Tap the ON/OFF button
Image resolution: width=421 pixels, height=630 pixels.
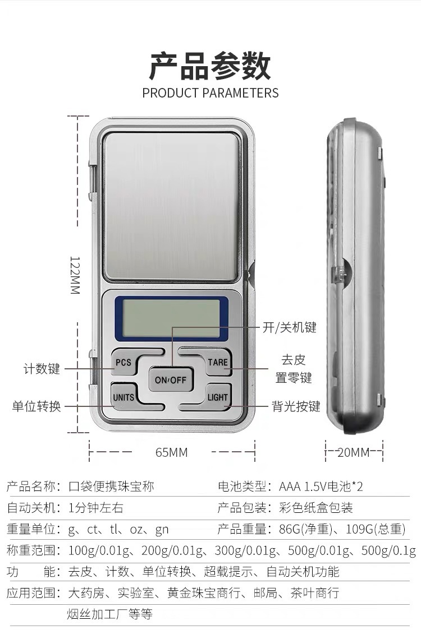point(171,380)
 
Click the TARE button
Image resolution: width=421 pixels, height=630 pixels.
point(217,362)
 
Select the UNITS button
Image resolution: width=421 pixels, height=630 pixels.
point(123,397)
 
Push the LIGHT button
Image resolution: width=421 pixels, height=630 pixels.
point(217,397)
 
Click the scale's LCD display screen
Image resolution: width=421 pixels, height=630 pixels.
point(171,318)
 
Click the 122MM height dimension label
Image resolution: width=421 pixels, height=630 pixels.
point(75,275)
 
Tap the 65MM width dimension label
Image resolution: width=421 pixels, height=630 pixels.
point(172,452)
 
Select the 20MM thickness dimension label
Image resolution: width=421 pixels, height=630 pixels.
point(354,452)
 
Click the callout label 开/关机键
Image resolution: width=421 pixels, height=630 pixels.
point(290,328)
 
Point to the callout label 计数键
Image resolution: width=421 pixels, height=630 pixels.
point(42,369)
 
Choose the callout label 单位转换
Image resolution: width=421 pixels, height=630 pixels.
point(36,406)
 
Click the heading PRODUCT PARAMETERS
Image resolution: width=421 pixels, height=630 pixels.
point(210,93)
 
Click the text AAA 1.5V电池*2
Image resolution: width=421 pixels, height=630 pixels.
point(321,486)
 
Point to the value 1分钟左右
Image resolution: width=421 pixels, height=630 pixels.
point(95,508)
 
